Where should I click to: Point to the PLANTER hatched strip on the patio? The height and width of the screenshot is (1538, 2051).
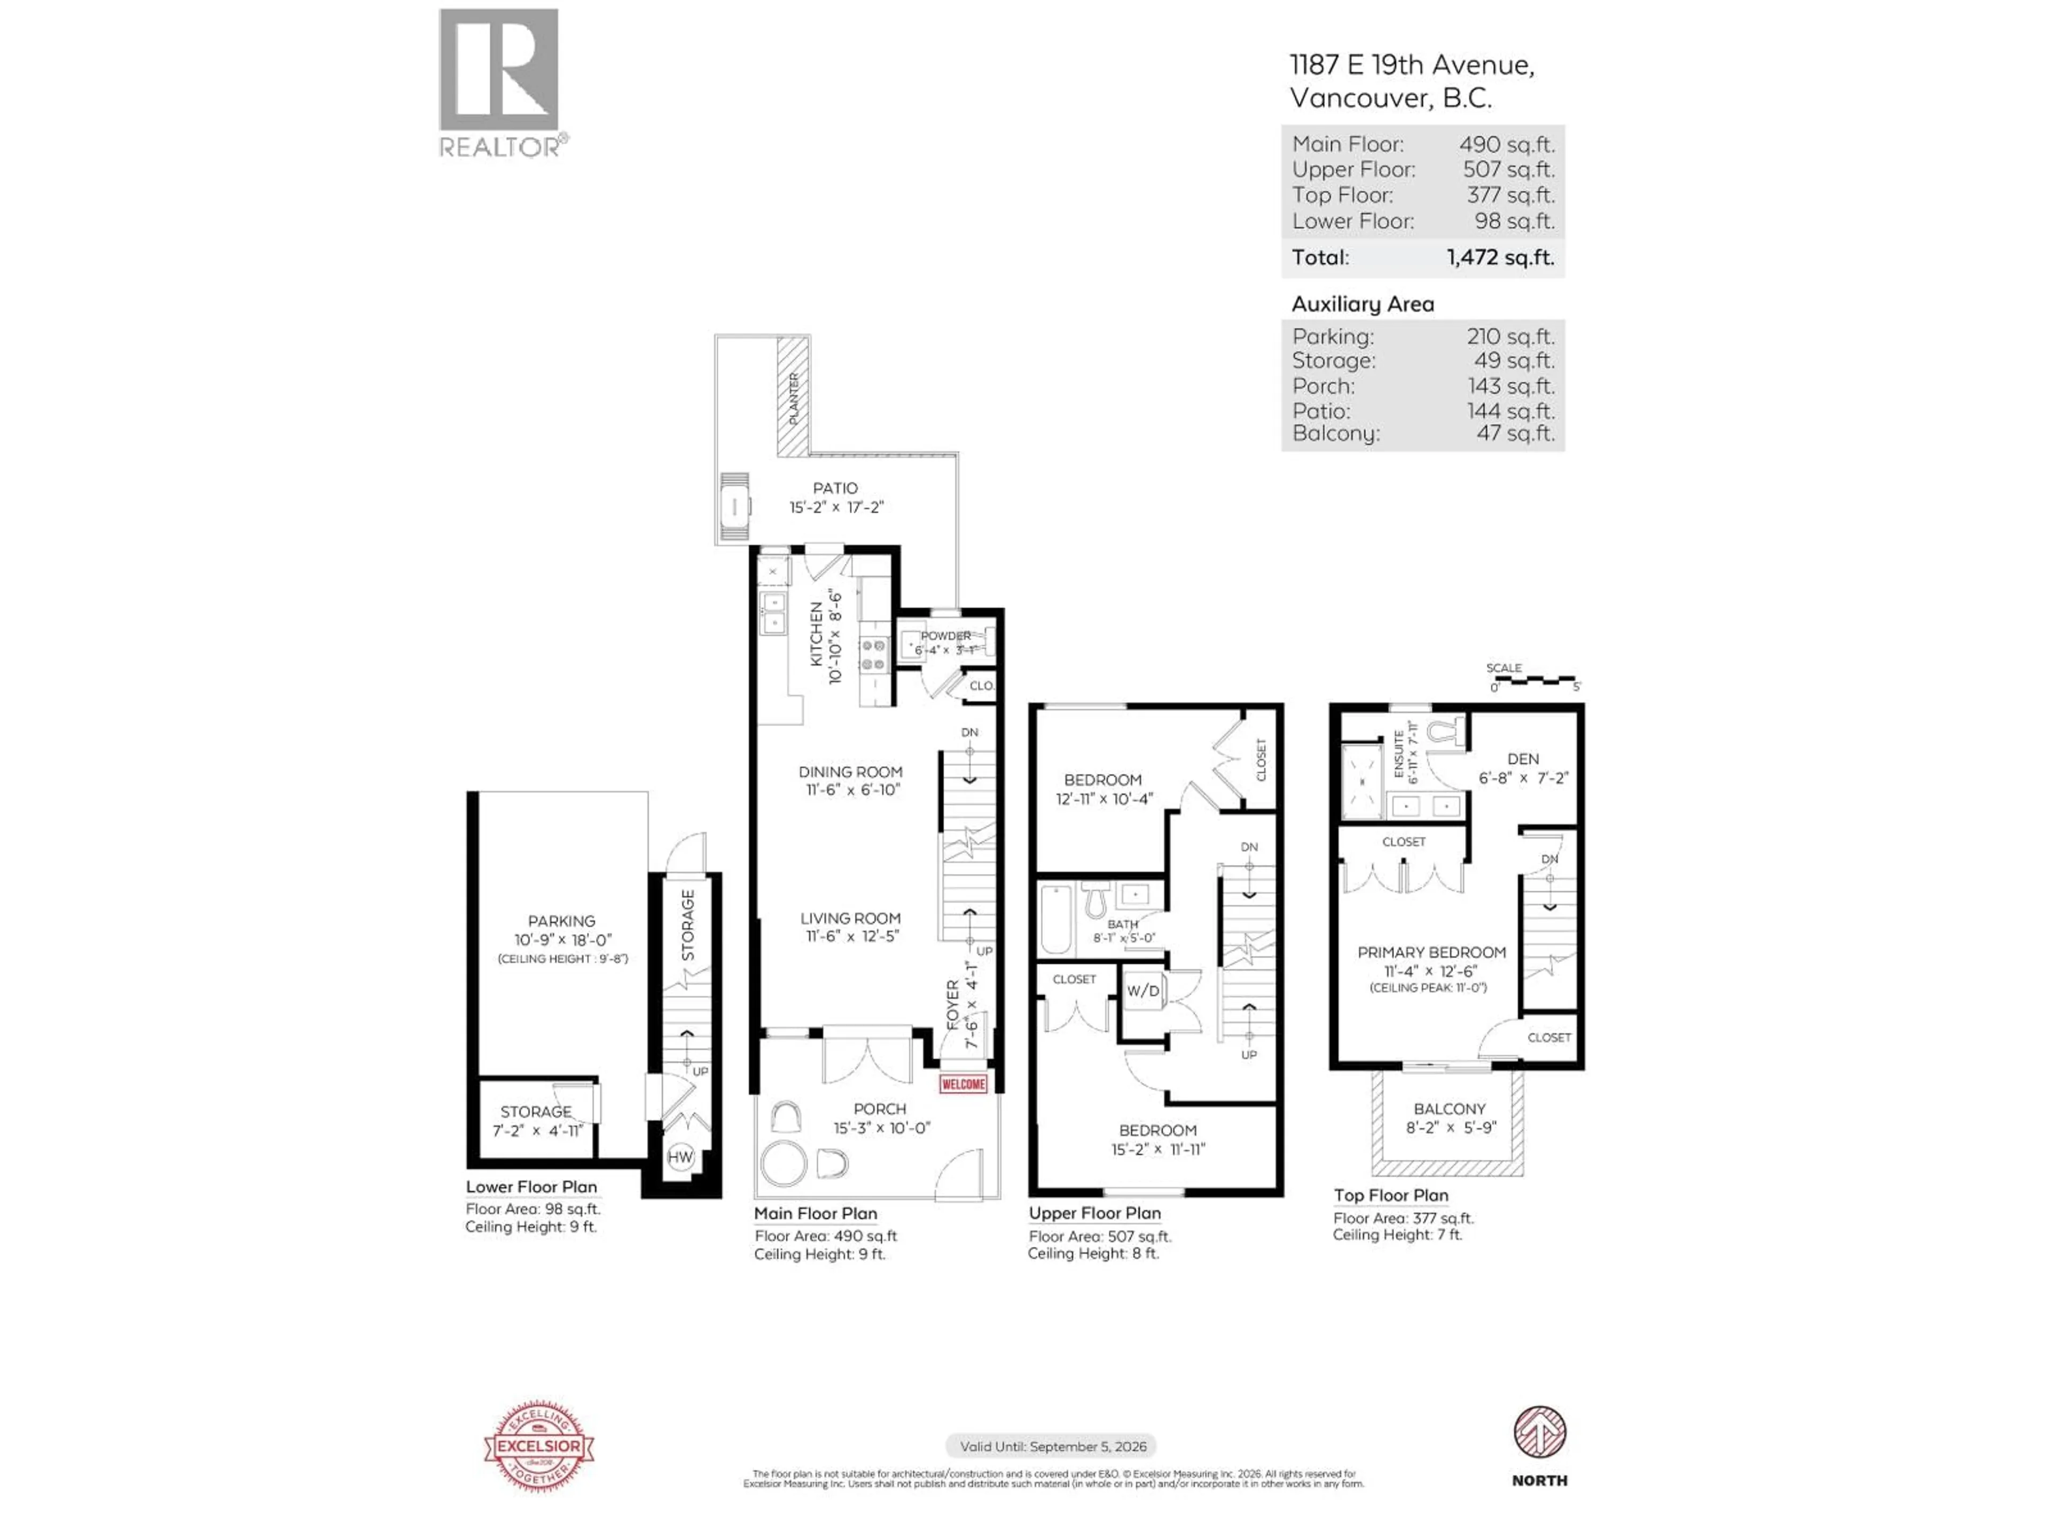(793, 397)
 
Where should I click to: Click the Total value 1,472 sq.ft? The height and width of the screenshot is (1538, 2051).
(1499, 258)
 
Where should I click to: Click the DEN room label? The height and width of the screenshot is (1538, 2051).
(1522, 758)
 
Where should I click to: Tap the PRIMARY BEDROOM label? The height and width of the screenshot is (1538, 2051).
(1431, 952)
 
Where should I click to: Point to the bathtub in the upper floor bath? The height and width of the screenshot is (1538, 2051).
(1055, 920)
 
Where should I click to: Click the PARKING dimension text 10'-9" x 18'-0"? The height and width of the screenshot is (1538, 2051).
(562, 939)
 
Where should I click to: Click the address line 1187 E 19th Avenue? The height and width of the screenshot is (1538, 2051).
(1411, 65)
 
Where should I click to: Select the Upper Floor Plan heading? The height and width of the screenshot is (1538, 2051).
(1094, 1213)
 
